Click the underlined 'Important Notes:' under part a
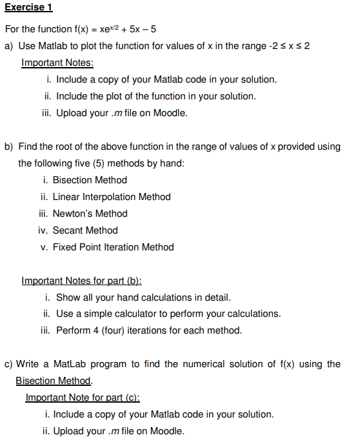[x=57, y=63]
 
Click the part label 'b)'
[x=10, y=146]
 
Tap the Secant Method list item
[x=85, y=230]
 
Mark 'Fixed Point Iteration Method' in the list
[x=113, y=247]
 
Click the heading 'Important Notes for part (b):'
[x=82, y=281]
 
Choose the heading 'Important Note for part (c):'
[x=83, y=397]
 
